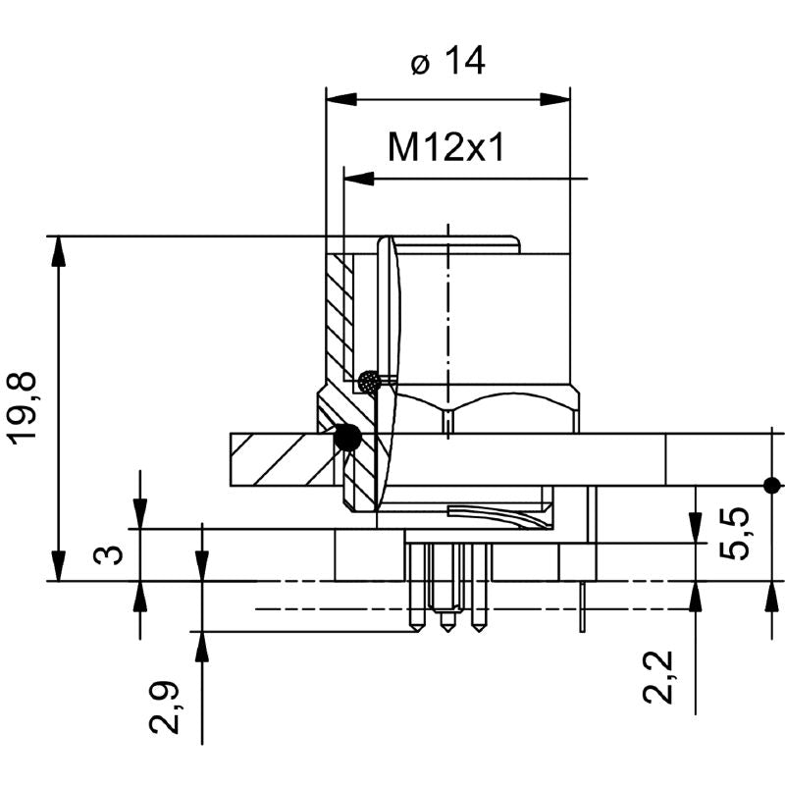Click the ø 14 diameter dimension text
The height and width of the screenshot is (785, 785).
point(448,61)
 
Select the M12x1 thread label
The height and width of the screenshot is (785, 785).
point(446,147)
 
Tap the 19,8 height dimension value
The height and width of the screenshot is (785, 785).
point(22,408)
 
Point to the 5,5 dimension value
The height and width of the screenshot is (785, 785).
point(735,533)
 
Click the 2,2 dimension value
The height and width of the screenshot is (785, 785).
point(658,677)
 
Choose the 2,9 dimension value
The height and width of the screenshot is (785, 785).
point(165,706)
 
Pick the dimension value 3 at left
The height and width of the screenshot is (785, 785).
point(108,554)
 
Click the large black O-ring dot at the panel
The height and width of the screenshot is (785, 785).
point(347,437)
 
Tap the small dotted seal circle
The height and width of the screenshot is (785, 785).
point(370,382)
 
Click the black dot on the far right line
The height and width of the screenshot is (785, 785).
point(771,485)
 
